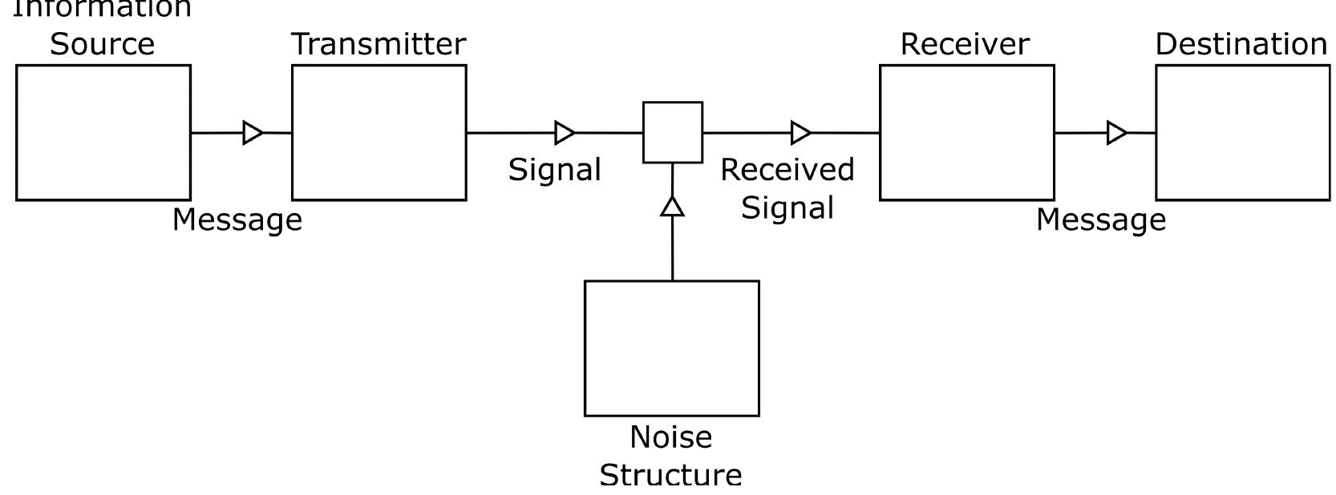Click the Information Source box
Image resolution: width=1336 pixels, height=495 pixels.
(103, 132)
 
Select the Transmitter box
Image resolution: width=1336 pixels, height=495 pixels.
(379, 132)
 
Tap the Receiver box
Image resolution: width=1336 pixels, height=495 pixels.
(966, 132)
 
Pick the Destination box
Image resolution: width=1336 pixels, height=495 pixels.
(1242, 132)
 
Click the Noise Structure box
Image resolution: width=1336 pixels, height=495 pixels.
(672, 348)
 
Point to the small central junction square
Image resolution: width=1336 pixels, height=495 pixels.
(673, 132)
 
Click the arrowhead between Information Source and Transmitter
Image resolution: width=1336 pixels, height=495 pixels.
(253, 133)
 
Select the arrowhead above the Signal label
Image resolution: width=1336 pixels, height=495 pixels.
(565, 133)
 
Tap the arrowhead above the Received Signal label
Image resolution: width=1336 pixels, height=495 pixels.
(800, 133)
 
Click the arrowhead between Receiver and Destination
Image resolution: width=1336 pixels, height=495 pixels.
(1116, 133)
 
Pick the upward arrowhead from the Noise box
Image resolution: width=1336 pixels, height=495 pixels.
(672, 207)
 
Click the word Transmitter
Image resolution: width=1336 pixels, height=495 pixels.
(379, 44)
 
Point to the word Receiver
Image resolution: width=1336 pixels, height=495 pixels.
(965, 44)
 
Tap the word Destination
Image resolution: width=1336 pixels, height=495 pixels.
(1241, 44)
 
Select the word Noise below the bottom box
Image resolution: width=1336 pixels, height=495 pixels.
(671, 437)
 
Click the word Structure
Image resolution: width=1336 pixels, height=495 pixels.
(671, 475)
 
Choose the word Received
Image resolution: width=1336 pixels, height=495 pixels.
(787, 170)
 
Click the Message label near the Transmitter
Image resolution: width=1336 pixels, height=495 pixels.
(237, 219)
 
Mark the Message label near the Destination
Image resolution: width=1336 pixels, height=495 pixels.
(1101, 219)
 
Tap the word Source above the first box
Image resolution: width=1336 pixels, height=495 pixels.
(103, 44)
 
